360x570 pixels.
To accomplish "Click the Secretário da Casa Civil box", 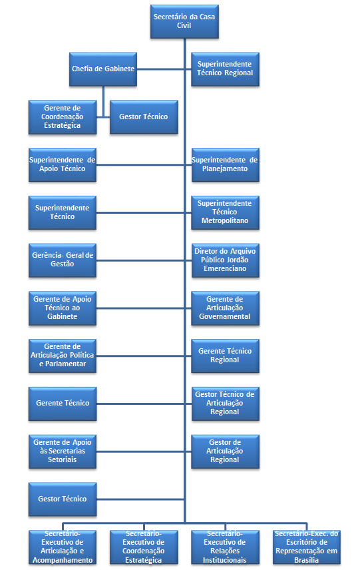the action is pos(184,21).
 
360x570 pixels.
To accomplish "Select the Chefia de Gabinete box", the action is pos(102,69).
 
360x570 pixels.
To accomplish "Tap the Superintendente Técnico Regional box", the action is pos(225,69).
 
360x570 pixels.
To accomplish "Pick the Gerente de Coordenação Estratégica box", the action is pos(63,117).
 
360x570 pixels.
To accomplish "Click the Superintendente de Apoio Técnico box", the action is pos(63,164).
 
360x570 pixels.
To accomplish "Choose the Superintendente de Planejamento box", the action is pos(225,164).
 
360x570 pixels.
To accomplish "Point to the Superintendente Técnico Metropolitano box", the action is pos(225,212).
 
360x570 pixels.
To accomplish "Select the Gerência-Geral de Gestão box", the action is pos(63,260).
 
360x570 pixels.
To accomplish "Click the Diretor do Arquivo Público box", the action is pos(225,260).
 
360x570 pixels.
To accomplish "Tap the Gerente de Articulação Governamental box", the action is pos(225,308).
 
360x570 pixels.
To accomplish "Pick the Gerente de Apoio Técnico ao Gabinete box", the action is pos(63,308).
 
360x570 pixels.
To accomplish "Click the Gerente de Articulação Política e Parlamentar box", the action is pos(63,356).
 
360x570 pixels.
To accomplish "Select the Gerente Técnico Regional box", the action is pos(225,356).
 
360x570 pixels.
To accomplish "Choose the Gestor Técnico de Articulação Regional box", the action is pos(225,404).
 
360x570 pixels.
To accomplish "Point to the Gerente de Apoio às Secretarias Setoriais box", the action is pos(63,451).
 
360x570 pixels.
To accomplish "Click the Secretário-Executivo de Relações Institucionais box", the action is pos(225,547).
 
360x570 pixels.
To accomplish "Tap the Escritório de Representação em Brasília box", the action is pos(307,547).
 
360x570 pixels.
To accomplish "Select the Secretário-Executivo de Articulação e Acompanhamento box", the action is pos(63,547).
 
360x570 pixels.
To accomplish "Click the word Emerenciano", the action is pos(225,268).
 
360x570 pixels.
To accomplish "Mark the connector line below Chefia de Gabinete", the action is pos(103,101).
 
